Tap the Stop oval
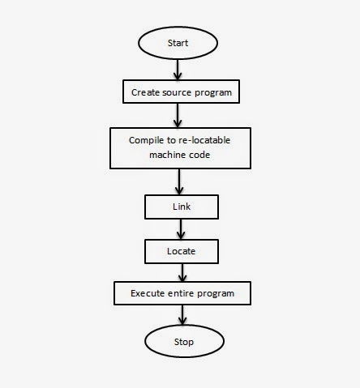184,341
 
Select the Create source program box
182,92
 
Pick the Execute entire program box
182,293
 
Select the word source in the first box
178,92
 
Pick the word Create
145,92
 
